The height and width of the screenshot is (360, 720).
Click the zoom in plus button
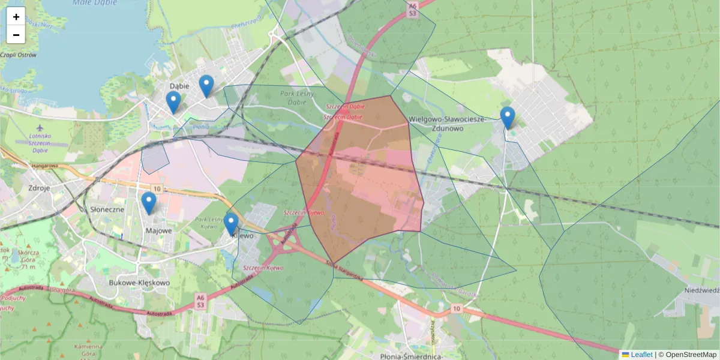[16, 17]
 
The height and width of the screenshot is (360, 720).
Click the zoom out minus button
[16, 35]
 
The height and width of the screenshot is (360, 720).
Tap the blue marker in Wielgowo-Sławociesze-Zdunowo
[508, 118]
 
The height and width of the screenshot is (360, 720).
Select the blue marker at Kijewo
[231, 224]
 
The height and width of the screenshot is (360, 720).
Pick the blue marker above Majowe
[149, 203]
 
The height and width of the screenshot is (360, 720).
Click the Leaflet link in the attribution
[641, 355]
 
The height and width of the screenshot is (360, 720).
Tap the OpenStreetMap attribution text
[691, 355]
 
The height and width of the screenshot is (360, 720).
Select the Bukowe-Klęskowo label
[139, 282]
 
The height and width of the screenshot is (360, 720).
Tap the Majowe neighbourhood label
[158, 230]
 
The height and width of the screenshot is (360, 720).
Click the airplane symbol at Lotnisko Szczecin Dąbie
[40, 128]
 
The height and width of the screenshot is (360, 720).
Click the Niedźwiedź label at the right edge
[702, 290]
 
